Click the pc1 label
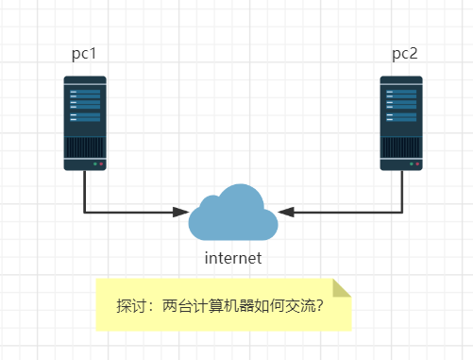(x=84, y=54)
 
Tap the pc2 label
(x=405, y=54)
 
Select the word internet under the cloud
(x=233, y=258)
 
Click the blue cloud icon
(x=233, y=213)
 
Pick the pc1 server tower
(x=85, y=123)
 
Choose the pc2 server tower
(x=401, y=123)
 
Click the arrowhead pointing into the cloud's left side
(x=180, y=212)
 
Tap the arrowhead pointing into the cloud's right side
(x=286, y=212)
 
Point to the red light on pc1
(x=101, y=164)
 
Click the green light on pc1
(x=95, y=164)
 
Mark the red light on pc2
(x=417, y=164)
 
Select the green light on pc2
(x=412, y=164)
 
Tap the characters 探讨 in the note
(x=131, y=305)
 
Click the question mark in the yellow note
(x=320, y=305)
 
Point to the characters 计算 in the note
(x=208, y=305)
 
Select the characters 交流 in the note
(x=300, y=305)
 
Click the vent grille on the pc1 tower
(x=85, y=147)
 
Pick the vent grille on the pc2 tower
(x=401, y=147)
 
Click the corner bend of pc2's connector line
(x=402, y=212)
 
